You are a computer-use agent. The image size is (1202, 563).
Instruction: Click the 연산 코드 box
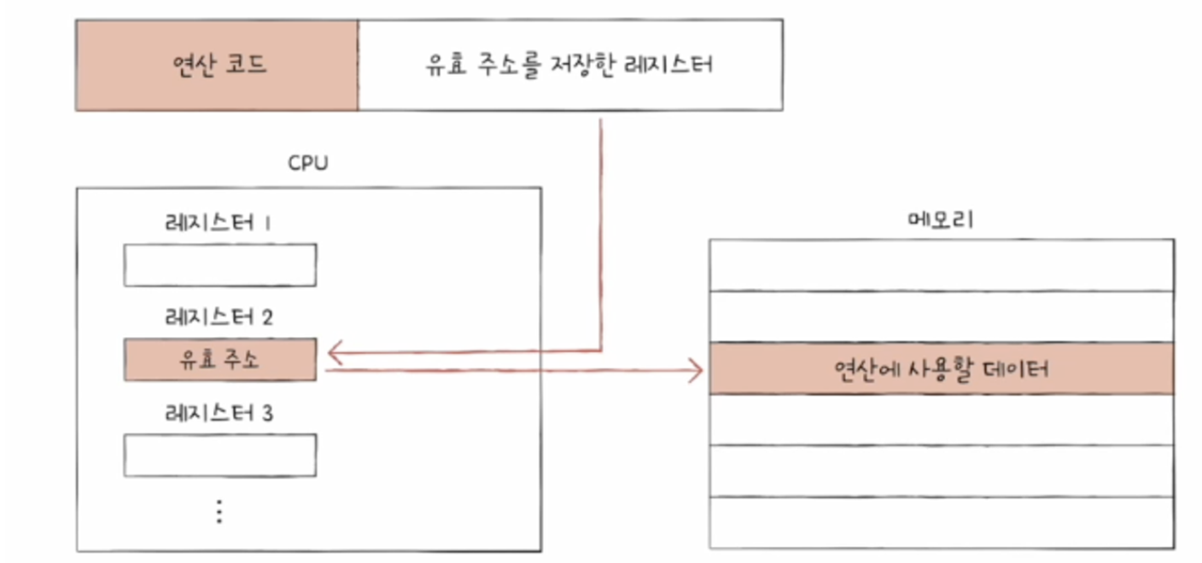pyautogui.click(x=216, y=66)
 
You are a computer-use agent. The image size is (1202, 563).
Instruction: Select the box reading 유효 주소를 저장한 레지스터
pyautogui.click(x=569, y=66)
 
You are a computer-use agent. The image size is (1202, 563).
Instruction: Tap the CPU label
pyautogui.click(x=308, y=163)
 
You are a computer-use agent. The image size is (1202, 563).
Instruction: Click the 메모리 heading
pyautogui.click(x=941, y=220)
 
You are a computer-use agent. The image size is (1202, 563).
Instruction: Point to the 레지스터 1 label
pyautogui.click(x=219, y=223)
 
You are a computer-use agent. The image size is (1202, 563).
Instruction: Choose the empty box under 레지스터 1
pyautogui.click(x=219, y=265)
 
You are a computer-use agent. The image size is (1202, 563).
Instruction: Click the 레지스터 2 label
pyautogui.click(x=219, y=318)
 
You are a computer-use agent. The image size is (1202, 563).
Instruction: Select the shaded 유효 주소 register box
pyautogui.click(x=219, y=360)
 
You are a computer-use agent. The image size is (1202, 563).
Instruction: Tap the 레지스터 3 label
pyautogui.click(x=219, y=415)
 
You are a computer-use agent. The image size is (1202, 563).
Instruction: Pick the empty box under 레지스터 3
pyautogui.click(x=219, y=456)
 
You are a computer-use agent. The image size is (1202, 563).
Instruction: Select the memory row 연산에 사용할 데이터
pyautogui.click(x=941, y=369)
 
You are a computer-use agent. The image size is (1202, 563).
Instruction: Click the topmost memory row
pyautogui.click(x=941, y=265)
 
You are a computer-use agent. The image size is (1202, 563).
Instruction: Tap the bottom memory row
pyautogui.click(x=941, y=522)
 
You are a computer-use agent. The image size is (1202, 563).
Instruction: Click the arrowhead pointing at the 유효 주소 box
pyautogui.click(x=336, y=351)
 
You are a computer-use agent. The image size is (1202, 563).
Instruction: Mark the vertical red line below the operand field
pyautogui.click(x=602, y=230)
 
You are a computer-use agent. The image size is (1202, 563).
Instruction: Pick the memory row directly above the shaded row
pyautogui.click(x=941, y=317)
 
